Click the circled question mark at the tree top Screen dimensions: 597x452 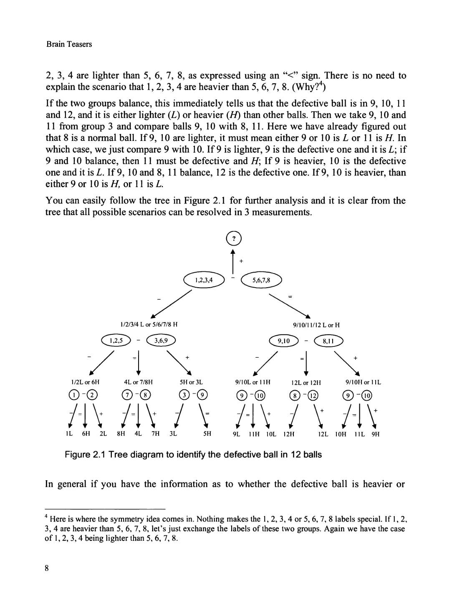point(234,238)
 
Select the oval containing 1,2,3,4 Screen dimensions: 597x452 point(204,280)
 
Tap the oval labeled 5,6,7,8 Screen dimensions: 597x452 point(262,280)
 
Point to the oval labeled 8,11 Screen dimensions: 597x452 point(328,341)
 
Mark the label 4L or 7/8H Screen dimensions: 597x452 point(138,382)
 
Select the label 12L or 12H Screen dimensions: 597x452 point(306,382)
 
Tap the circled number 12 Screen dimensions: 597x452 point(313,395)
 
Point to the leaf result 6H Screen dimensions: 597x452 point(86,434)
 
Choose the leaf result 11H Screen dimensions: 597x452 point(254,434)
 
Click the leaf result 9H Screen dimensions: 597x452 point(376,434)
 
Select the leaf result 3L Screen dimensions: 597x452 point(173,434)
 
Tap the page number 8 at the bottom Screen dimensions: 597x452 point(47,568)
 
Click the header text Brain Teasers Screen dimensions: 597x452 point(69,44)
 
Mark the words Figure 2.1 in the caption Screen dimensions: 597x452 point(85,454)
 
